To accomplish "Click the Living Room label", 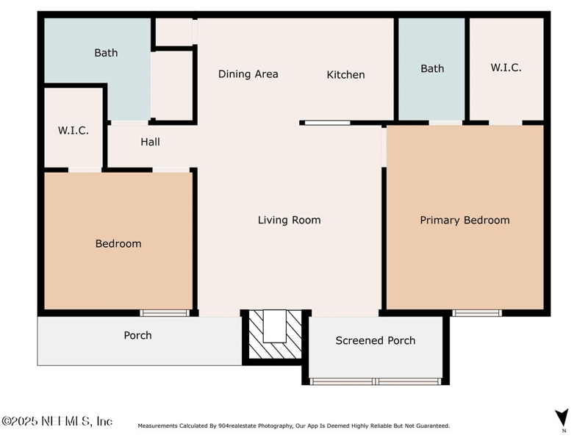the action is tap(289, 220).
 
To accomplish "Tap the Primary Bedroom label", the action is tap(465, 220).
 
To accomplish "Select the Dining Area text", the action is tap(248, 74).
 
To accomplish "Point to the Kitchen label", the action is tap(345, 75).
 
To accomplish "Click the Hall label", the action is tap(151, 142).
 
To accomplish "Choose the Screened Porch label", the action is tap(376, 340).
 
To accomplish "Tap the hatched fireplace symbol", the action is tap(275, 334).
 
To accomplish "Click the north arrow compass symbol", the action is tap(562, 417).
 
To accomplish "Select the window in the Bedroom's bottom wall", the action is tap(165, 313).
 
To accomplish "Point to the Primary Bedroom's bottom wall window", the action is tap(477, 313).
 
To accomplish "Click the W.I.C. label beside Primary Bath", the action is tap(506, 68).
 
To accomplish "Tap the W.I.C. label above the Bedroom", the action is tap(73, 131).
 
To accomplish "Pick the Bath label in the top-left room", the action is tap(106, 53).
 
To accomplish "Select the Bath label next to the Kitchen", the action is tap(432, 68).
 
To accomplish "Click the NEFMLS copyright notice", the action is tap(57, 421).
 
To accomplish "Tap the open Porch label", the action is tap(138, 335).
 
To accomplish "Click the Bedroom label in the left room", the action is tap(118, 244).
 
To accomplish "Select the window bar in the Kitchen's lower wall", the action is tap(327, 123).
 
